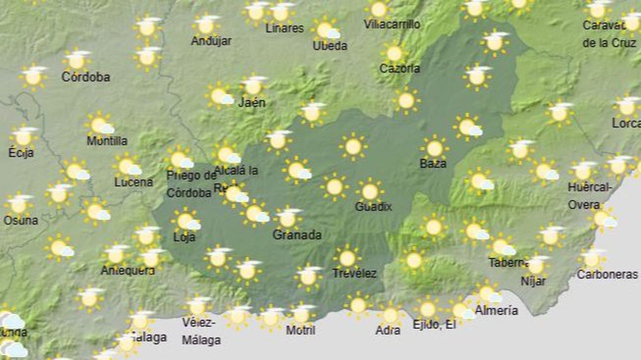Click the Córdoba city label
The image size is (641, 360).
(x=86, y=77)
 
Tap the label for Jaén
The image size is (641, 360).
(x=252, y=103)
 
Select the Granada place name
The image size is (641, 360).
(x=297, y=235)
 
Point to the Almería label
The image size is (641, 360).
(x=496, y=310)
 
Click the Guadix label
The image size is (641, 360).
(x=373, y=207)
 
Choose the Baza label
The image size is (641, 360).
(x=433, y=163)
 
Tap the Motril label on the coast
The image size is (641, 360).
(x=301, y=330)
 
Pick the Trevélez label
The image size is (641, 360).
(x=355, y=274)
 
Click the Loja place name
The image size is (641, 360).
(x=184, y=237)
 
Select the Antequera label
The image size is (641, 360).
(x=128, y=271)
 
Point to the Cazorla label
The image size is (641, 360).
(x=399, y=69)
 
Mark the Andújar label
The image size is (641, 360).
(x=211, y=41)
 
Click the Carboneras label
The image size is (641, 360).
(x=607, y=275)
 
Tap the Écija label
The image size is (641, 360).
(x=21, y=153)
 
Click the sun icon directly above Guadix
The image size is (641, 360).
(x=369, y=191)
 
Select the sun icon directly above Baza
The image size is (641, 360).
(x=434, y=149)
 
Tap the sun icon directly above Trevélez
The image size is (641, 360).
(x=347, y=258)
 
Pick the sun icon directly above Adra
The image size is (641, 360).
(x=390, y=316)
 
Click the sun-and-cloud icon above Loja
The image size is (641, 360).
(x=186, y=221)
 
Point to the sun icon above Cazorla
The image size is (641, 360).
(x=395, y=54)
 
